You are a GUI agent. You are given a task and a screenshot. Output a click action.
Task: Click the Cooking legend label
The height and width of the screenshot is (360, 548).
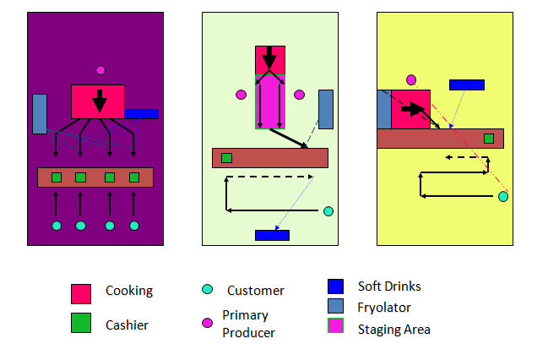click(x=128, y=291)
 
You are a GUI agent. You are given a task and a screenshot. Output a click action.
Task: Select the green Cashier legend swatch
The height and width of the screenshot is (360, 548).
click(x=81, y=322)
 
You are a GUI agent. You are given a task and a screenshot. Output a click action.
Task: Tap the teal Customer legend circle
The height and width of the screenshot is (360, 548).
click(x=207, y=291)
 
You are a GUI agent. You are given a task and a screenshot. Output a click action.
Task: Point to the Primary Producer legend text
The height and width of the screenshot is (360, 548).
click(x=245, y=324)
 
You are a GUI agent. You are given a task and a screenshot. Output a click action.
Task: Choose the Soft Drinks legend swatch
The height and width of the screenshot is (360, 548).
click(x=335, y=286)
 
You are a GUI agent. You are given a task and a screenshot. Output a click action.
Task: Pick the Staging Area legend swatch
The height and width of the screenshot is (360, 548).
click(x=335, y=330)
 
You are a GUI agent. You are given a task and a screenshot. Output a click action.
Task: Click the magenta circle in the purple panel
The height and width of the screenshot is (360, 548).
click(x=100, y=70)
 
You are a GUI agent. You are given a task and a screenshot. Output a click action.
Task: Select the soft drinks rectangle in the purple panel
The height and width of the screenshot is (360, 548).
click(x=141, y=113)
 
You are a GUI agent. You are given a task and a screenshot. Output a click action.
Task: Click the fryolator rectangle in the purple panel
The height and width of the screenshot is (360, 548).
click(x=40, y=114)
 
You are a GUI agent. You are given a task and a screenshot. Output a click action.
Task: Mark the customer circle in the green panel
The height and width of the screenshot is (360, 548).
click(x=328, y=211)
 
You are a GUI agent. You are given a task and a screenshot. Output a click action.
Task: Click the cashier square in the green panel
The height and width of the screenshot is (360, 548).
click(x=226, y=157)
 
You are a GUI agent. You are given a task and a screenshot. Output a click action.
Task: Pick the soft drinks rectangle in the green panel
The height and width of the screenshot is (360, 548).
click(x=272, y=235)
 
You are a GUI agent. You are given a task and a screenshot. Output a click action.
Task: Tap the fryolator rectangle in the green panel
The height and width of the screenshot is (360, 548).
click(x=325, y=109)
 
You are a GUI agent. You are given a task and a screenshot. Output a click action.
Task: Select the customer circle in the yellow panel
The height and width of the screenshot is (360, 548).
click(x=502, y=197)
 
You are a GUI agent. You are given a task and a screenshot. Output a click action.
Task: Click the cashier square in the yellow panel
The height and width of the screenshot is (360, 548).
click(x=488, y=138)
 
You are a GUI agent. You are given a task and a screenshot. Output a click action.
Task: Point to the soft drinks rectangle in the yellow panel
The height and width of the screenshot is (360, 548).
click(x=466, y=85)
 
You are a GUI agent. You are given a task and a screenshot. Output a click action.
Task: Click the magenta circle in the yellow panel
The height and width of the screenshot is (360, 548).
click(x=411, y=79)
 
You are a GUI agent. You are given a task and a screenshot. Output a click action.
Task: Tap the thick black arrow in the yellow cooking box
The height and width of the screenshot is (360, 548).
click(x=413, y=109)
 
